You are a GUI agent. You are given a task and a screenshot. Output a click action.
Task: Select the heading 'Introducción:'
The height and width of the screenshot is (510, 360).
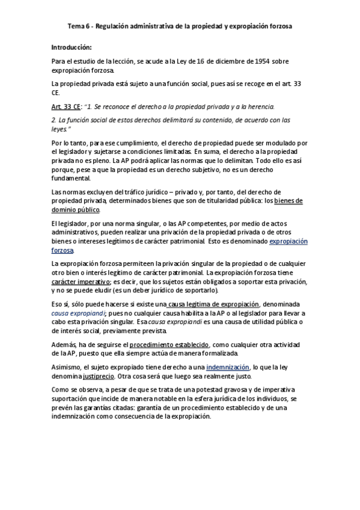[71, 47]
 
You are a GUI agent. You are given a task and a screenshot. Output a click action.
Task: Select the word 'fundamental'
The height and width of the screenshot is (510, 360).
[71, 179]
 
